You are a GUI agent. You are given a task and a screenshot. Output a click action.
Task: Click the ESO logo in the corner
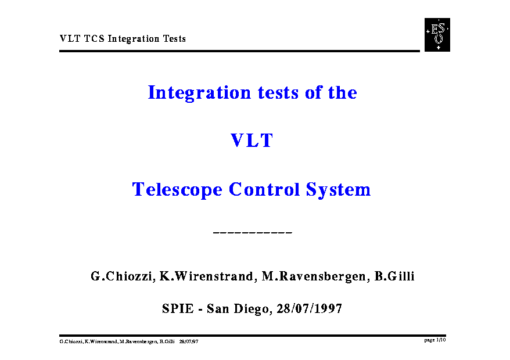pyautogui.click(x=437, y=35)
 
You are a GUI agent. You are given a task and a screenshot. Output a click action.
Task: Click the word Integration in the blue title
pyautogui.click(x=199, y=93)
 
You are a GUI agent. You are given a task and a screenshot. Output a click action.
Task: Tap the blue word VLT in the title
pyautogui.click(x=252, y=141)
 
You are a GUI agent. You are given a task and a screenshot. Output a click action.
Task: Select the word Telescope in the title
pyautogui.click(x=177, y=190)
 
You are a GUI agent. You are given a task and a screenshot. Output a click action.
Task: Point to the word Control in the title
pyautogui.click(x=264, y=189)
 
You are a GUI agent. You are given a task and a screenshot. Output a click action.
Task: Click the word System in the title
pyautogui.click(x=338, y=190)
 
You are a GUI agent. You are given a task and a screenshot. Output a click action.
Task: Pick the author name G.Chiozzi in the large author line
pyautogui.click(x=121, y=276)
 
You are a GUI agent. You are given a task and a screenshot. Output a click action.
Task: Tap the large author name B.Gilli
pyautogui.click(x=394, y=276)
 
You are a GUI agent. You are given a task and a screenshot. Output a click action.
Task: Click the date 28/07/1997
pyautogui.click(x=310, y=309)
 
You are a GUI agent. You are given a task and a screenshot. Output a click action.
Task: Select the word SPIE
pyautogui.click(x=178, y=309)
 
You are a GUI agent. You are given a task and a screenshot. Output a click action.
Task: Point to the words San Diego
pyautogui.click(x=238, y=309)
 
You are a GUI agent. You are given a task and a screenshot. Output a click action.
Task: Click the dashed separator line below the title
pyautogui.click(x=253, y=232)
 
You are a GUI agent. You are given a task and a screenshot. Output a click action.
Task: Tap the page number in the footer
pyautogui.click(x=435, y=340)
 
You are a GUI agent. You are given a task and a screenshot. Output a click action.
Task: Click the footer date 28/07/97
pyautogui.click(x=189, y=341)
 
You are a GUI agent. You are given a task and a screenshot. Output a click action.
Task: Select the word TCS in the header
pyautogui.click(x=94, y=39)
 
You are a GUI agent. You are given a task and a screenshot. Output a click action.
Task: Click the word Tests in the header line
pyautogui.click(x=174, y=39)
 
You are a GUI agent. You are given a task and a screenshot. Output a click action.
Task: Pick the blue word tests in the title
pyautogui.click(x=278, y=93)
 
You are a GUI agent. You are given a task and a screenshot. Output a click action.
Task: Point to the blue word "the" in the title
pyautogui.click(x=343, y=92)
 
